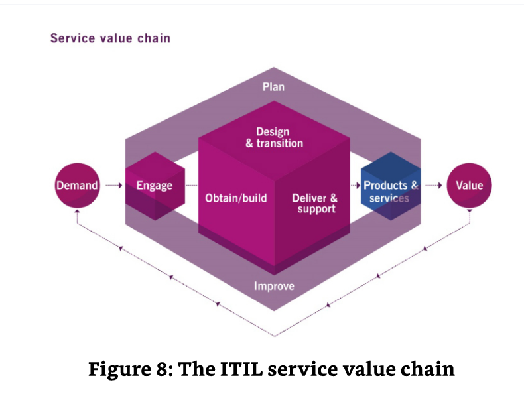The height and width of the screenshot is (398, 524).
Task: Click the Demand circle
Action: (x=76, y=186)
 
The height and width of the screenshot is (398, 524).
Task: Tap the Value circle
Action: (x=469, y=186)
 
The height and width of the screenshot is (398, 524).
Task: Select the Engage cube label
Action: (x=155, y=186)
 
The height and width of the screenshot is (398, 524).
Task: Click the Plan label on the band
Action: (x=273, y=87)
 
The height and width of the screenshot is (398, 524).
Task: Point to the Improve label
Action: (x=274, y=287)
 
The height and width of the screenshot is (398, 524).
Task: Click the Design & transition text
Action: (x=273, y=137)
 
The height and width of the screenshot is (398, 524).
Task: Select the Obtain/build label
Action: (x=235, y=198)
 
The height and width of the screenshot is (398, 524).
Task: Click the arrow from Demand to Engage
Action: (x=113, y=186)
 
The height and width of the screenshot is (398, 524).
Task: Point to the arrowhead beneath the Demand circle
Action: (x=77, y=214)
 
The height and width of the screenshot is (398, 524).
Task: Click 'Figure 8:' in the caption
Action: (x=126, y=369)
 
